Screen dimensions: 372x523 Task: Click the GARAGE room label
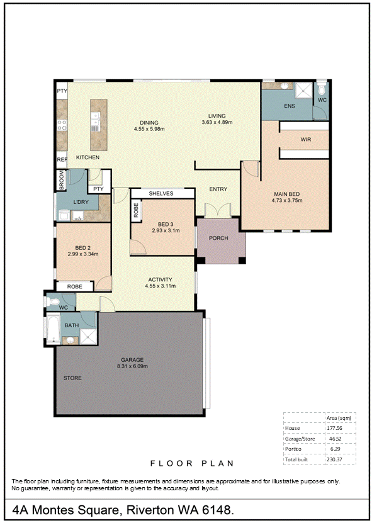pos(132,360)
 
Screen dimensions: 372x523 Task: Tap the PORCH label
pos(218,238)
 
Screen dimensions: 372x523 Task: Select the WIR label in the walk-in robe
pos(306,140)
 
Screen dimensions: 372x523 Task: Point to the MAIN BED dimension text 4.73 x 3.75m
pos(287,201)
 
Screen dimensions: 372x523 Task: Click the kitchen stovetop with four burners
pos(62,125)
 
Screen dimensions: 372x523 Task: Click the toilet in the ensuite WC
pos(321,89)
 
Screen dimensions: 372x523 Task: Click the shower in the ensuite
pos(303,91)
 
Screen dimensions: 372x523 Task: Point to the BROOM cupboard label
pos(62,181)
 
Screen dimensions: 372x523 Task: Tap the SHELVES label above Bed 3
pos(161,193)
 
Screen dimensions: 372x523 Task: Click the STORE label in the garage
pos(72,378)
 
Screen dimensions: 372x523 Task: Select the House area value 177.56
pos(334,428)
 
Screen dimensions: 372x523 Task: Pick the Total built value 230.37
pos(334,459)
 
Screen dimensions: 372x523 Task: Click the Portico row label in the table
pos(293,449)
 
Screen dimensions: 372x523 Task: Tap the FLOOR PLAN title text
pos(192,463)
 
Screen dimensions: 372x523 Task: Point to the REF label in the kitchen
pos(62,160)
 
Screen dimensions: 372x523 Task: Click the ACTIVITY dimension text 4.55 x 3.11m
pos(160,286)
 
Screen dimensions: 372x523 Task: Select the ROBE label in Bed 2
pos(74,286)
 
